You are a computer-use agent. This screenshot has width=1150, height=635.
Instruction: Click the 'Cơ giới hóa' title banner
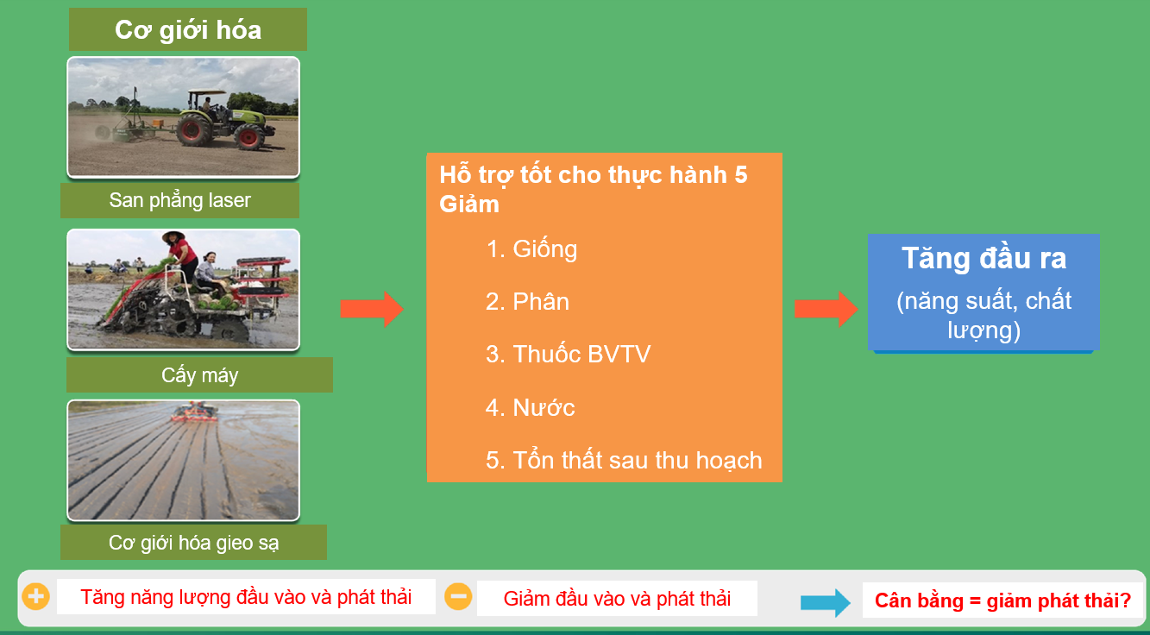click(188, 29)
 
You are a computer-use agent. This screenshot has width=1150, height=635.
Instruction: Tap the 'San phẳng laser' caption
click(179, 200)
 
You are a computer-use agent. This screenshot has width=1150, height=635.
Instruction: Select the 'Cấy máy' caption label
click(199, 374)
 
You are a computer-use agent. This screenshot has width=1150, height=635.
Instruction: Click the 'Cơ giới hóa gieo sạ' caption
click(193, 542)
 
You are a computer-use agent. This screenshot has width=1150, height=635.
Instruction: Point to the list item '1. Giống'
click(531, 250)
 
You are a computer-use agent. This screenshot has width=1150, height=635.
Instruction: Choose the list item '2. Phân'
click(527, 301)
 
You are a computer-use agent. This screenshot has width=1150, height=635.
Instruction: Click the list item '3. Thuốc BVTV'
click(568, 355)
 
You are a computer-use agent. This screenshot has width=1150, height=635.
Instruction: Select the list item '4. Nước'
click(530, 407)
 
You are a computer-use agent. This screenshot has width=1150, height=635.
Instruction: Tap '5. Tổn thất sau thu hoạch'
click(624, 460)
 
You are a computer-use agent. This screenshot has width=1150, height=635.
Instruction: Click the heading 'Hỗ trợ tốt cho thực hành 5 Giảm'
click(593, 189)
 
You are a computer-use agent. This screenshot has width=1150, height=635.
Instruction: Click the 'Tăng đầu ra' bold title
click(983, 258)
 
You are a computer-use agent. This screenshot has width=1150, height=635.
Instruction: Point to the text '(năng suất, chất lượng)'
click(983, 315)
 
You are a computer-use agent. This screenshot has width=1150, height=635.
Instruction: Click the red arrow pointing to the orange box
click(372, 309)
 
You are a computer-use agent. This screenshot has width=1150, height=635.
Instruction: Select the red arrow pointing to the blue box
click(826, 309)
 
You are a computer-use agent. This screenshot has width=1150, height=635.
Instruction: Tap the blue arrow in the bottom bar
click(826, 602)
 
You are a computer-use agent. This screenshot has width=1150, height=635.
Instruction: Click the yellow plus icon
click(36, 596)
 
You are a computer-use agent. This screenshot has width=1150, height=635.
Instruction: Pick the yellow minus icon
click(458, 596)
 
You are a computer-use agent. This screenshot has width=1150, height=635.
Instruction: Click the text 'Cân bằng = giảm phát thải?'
click(1002, 600)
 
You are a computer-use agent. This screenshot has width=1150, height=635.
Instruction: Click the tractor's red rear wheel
click(193, 129)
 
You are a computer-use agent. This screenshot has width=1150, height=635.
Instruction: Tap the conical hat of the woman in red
click(173, 236)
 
